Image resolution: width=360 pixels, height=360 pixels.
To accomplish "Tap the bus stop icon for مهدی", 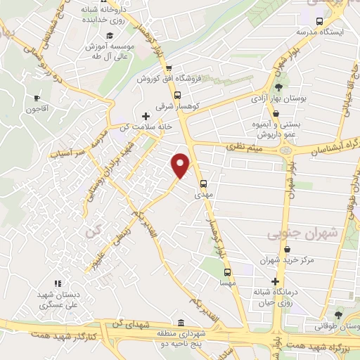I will click(204, 186).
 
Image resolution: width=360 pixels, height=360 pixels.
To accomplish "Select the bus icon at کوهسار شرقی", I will click(177, 96).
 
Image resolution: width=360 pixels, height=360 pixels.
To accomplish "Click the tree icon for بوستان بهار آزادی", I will click(278, 87).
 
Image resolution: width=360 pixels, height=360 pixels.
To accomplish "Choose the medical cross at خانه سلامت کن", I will click(146, 116).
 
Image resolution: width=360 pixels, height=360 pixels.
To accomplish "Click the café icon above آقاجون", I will click(36, 98).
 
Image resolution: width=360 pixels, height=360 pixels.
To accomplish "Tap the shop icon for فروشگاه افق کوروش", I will click(168, 68).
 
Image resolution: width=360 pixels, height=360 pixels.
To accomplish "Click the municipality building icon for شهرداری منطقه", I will click(181, 323).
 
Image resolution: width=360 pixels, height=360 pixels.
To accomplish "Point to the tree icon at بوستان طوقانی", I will click(339, 314).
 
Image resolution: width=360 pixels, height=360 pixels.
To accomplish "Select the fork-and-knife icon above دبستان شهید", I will click(58, 284).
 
